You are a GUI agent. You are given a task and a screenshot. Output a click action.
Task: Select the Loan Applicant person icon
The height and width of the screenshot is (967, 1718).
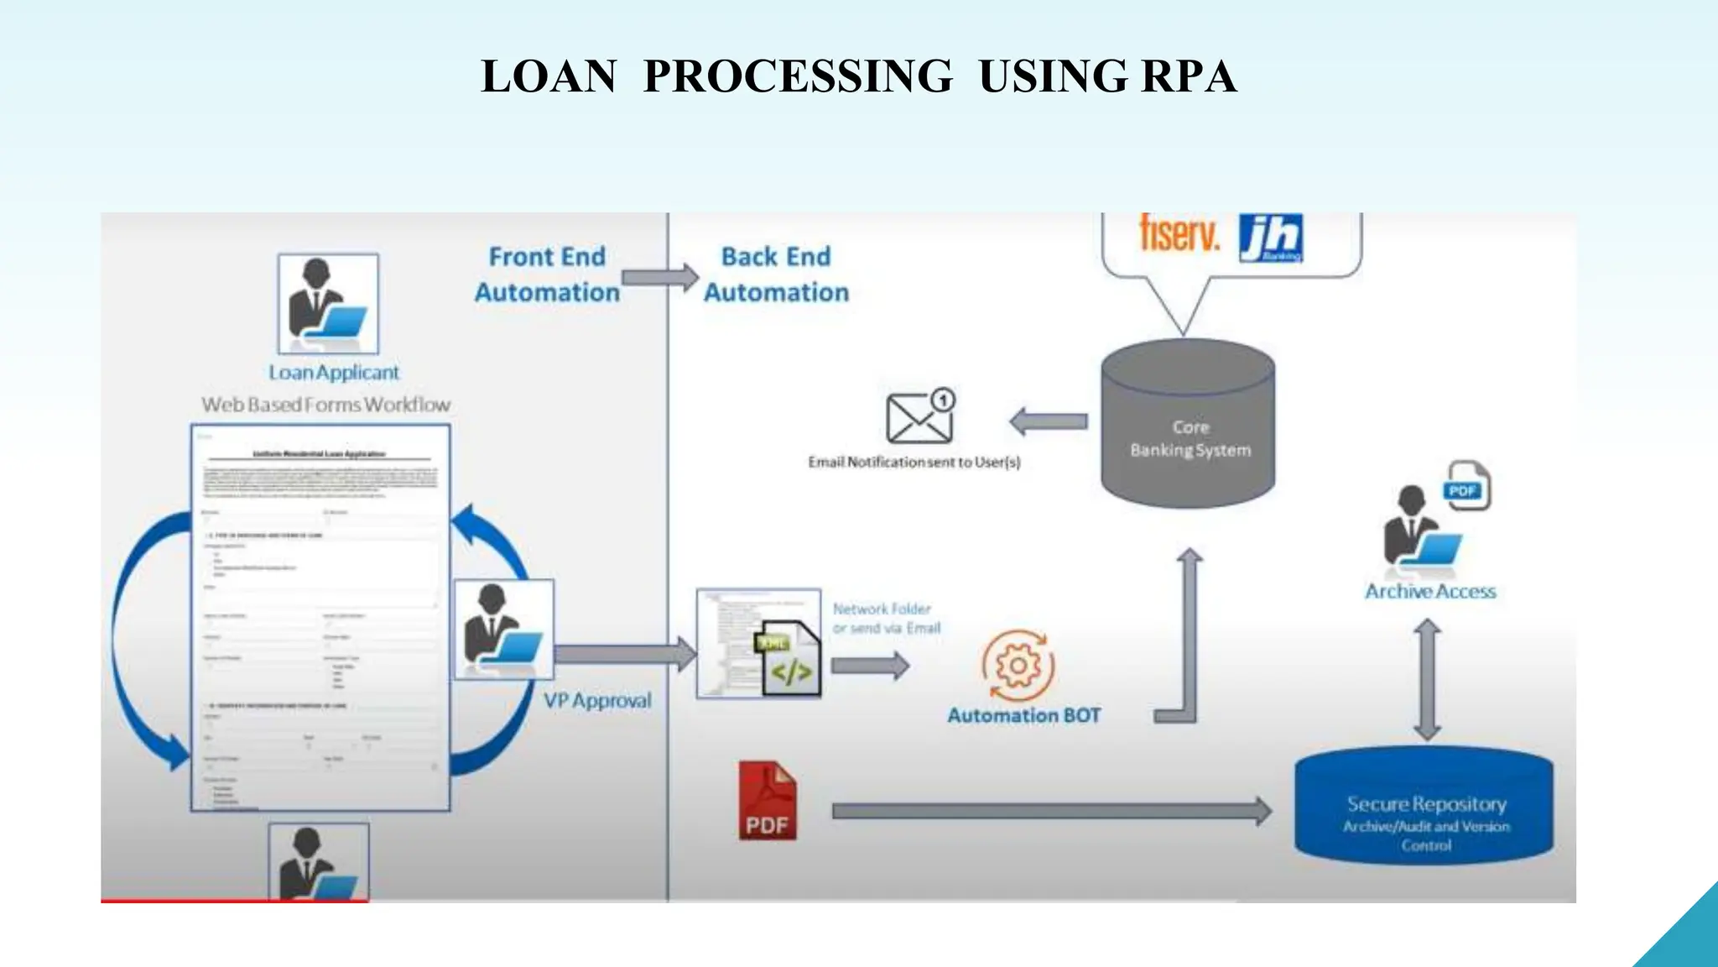tap(328, 304)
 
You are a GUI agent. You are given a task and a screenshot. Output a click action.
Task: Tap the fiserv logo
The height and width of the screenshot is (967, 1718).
tap(1179, 233)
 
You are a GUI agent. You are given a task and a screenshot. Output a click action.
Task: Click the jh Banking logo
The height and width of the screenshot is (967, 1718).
tap(1270, 238)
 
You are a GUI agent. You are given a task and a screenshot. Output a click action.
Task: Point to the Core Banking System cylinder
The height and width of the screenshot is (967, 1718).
tap(1188, 424)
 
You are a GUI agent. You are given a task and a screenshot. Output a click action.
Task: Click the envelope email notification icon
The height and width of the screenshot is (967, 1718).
tap(919, 417)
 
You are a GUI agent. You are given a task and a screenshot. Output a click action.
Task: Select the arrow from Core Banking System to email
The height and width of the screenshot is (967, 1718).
tap(1049, 421)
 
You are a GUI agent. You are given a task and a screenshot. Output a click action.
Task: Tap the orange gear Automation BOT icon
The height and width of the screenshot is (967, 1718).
tap(1018, 666)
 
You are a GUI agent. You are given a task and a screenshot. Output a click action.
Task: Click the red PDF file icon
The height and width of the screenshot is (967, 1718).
tap(767, 801)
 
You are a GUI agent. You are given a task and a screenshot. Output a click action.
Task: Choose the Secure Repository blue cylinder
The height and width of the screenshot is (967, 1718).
tap(1424, 806)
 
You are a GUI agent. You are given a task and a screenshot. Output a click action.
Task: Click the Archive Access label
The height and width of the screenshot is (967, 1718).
tap(1429, 592)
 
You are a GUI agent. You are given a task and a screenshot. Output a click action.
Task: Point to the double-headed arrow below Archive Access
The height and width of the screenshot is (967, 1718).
tap(1427, 680)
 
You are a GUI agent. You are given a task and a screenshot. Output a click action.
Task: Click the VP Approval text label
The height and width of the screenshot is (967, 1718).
tap(596, 700)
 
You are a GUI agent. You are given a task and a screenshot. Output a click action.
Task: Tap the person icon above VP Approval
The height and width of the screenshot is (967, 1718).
tap(503, 629)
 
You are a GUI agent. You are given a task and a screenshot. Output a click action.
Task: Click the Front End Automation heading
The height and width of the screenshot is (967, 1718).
tap(547, 274)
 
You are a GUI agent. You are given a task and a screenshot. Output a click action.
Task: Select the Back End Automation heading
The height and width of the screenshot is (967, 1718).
tap(776, 274)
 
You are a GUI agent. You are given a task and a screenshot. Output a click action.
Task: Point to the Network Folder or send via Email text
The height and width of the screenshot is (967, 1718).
tap(886, 619)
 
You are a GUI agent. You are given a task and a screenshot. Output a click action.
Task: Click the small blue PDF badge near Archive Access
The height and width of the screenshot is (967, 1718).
tap(1462, 490)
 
